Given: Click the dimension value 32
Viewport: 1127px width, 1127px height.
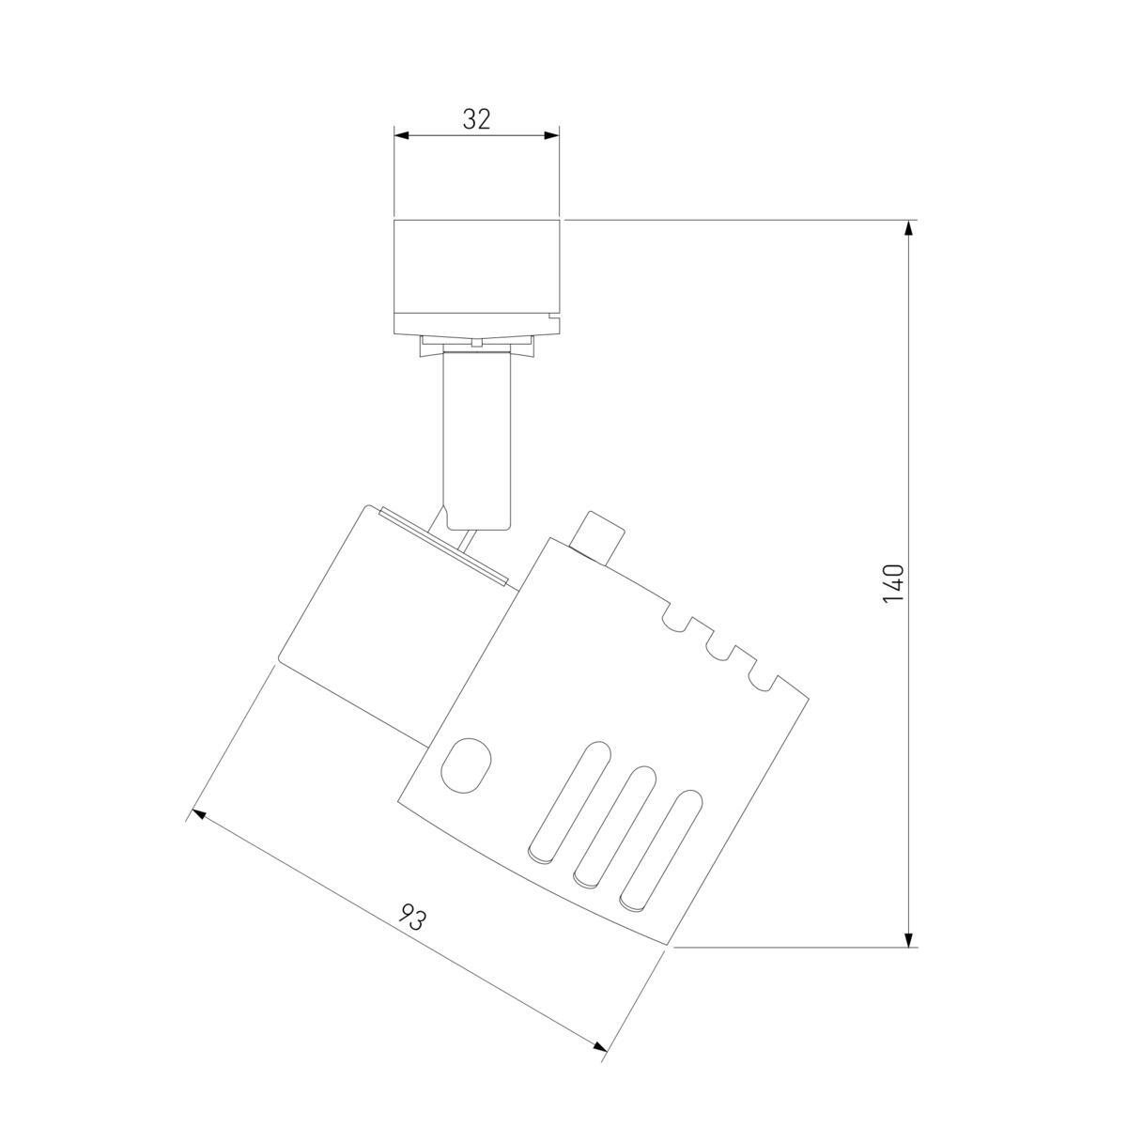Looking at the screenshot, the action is click(x=476, y=119).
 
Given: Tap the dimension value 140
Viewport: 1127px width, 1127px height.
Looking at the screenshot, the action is click(x=894, y=583).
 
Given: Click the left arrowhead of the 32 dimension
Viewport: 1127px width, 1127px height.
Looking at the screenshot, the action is click(x=401, y=135).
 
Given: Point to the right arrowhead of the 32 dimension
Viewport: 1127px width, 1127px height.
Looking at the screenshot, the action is click(x=552, y=135).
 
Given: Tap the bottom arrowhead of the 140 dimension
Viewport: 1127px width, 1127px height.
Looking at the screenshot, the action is click(x=909, y=955).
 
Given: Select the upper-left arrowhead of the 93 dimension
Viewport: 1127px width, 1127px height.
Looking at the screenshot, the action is click(x=199, y=814).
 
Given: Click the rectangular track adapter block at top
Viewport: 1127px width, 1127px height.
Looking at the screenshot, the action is click(x=477, y=278).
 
